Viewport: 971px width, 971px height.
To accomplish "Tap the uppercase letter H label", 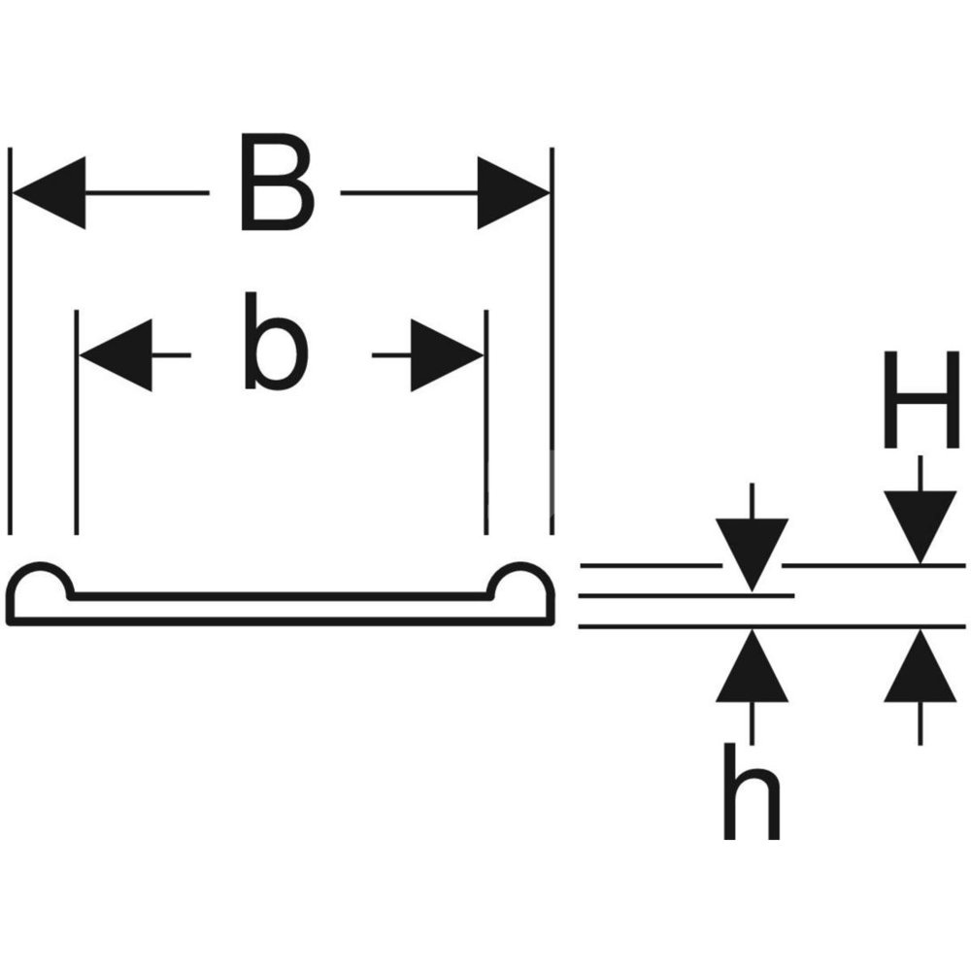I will pyautogui.click(x=921, y=400).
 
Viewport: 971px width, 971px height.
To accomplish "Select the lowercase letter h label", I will pyautogui.click(x=750, y=790).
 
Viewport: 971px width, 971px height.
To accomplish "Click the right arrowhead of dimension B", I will pyautogui.click(x=513, y=192).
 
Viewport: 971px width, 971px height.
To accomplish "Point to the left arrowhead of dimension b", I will pyautogui.click(x=117, y=355).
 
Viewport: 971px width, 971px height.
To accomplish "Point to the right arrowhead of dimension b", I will pyautogui.click(x=446, y=355).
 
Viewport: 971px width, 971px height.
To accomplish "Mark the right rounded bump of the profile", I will pyautogui.click(x=523, y=587).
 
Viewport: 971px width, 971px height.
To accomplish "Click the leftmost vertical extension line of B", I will pyautogui.click(x=11, y=340).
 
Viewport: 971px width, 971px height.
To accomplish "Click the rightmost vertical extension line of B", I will pyautogui.click(x=552, y=340).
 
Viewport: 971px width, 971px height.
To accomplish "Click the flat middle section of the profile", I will pyautogui.click(x=282, y=609).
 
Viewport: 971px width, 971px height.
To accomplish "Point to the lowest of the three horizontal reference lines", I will pyautogui.click(x=772, y=627).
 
